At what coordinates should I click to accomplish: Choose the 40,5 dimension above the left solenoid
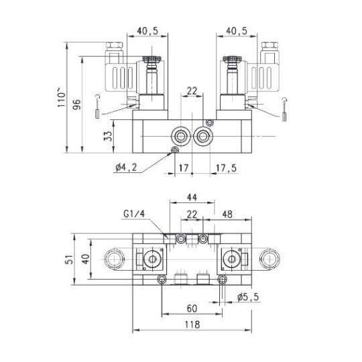(147, 30)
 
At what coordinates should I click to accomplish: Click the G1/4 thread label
(134, 214)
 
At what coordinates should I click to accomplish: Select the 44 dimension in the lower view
(191, 198)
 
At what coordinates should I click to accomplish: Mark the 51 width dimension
(68, 259)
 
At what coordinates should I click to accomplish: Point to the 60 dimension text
(192, 308)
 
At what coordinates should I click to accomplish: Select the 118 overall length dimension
(192, 324)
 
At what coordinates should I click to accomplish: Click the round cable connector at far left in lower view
(113, 259)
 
